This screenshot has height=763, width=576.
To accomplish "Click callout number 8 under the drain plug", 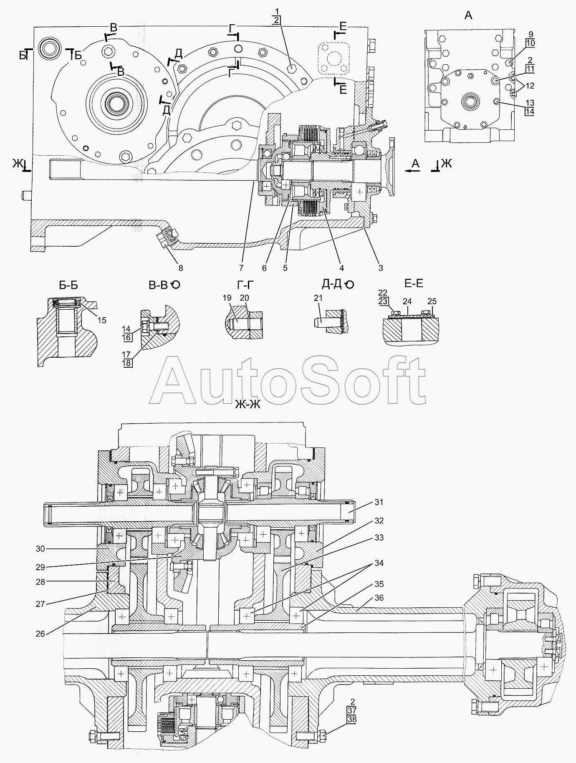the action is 180,268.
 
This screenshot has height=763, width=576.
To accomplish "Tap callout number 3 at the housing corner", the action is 381,268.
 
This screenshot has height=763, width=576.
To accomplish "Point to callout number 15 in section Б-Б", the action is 102,320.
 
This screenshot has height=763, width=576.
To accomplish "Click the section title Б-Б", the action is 68,285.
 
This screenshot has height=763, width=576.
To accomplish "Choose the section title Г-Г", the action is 245,285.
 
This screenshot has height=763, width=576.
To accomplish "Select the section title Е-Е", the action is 414,284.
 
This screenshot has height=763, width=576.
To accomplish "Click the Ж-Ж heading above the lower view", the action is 248,404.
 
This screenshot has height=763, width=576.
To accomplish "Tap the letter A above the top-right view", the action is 468,16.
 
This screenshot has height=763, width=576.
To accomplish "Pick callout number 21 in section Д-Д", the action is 318,298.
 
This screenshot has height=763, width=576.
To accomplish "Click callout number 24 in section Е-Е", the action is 407,301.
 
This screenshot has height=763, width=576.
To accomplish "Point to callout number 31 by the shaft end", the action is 379,502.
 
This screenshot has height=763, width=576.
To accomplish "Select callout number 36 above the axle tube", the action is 379,598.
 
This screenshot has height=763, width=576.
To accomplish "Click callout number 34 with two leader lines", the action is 379,563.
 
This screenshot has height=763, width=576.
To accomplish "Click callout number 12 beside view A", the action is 530,86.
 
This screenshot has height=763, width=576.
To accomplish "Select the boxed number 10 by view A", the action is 530,43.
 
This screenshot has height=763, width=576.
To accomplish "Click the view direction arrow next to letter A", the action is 412,170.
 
